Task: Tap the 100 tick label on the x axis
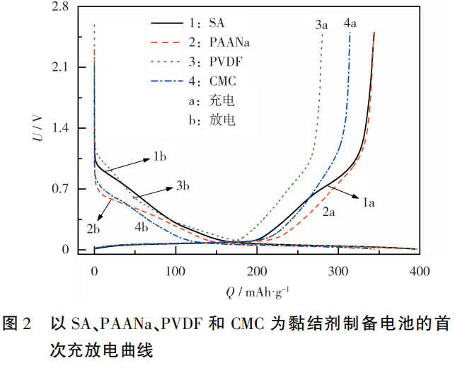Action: click(175, 271)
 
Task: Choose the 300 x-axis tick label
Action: click(339, 271)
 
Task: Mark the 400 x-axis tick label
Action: click(420, 271)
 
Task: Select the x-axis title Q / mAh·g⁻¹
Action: click(258, 292)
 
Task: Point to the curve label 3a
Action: click(322, 25)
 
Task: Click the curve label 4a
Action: click(350, 25)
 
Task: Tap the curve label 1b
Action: click(159, 156)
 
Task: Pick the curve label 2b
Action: click(93, 228)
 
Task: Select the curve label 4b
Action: click(142, 226)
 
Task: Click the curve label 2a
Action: click(329, 210)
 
